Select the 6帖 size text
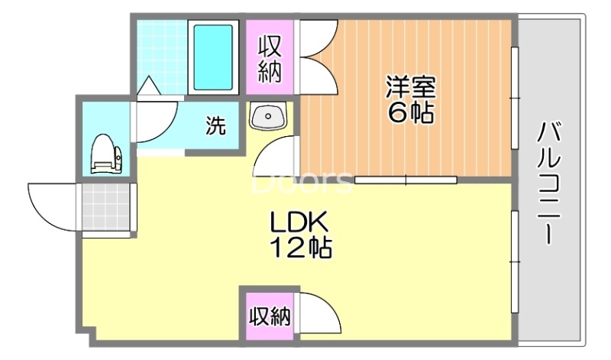410,112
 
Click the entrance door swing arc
52,200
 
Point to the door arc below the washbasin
275,157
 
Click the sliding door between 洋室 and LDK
406,180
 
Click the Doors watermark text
302,183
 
